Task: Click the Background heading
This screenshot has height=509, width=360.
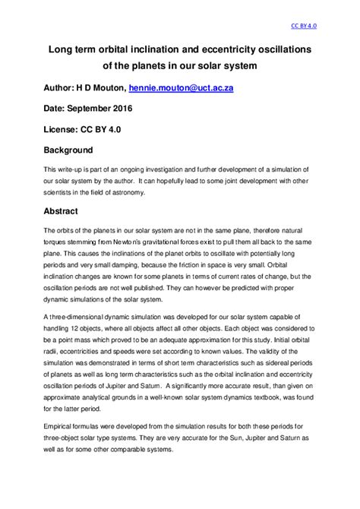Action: [x=68, y=150]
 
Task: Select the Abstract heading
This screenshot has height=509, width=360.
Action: [x=62, y=210]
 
